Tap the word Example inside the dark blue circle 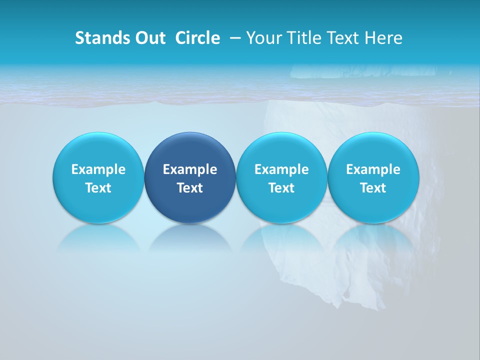click(x=190, y=169)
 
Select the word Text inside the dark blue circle click(x=190, y=188)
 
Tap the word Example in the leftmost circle click(x=98, y=169)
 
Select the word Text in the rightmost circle click(x=373, y=188)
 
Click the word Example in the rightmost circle click(x=373, y=169)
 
